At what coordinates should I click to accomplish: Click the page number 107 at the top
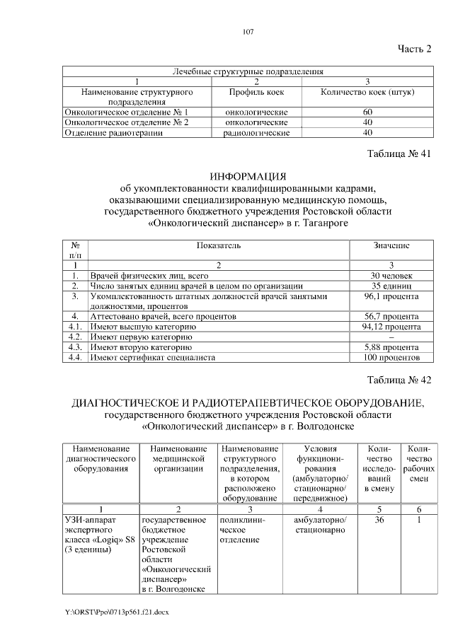click(248, 31)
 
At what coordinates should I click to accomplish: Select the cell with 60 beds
click(367, 112)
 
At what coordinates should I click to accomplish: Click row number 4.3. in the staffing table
click(75, 347)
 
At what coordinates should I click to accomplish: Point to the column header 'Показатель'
click(219, 245)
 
